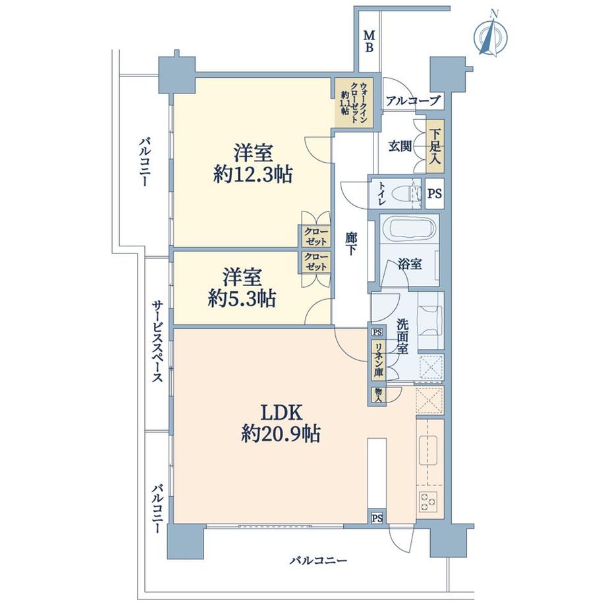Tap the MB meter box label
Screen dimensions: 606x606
[370, 41]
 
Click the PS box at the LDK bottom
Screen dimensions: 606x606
[377, 518]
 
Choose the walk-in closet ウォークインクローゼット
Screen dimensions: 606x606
[354, 102]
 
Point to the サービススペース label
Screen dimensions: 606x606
[157, 343]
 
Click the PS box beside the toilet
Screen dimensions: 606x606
[435, 194]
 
